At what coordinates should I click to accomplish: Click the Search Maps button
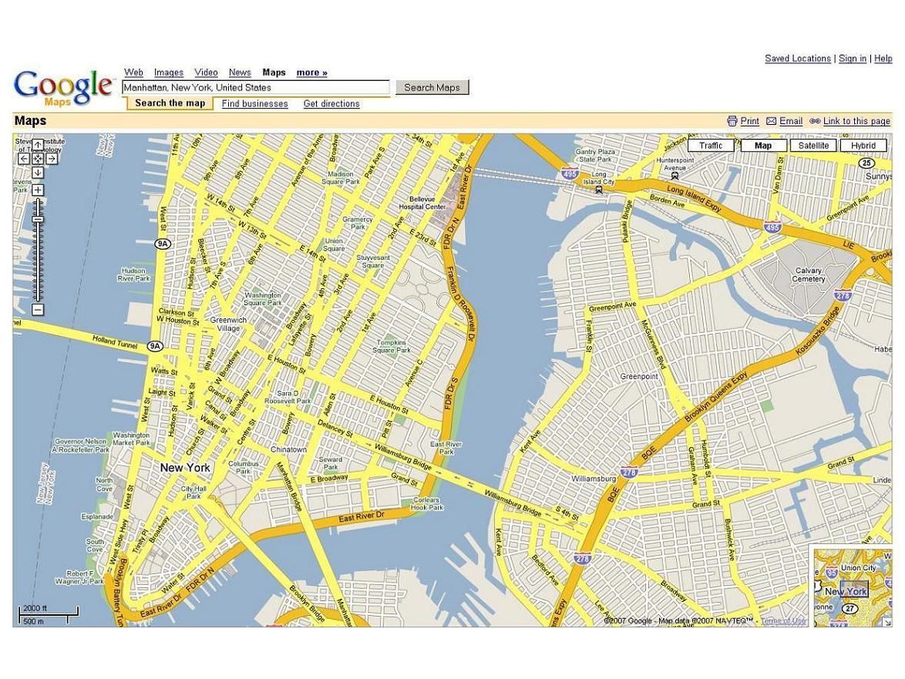pos(432,88)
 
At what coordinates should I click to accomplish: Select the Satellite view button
pos(813,146)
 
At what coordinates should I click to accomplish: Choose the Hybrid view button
pos(863,146)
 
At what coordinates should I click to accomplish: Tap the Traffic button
pos(711,146)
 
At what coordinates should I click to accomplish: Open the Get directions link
pos(331,104)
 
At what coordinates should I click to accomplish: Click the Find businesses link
pos(254,104)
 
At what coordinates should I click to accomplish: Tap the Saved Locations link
pos(797,59)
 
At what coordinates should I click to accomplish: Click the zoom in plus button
pos(38,190)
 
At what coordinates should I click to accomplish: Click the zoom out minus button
pos(38,310)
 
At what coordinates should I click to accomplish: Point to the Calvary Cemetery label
pos(809,275)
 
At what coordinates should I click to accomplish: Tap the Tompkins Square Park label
pos(392,346)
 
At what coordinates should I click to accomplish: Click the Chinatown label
pos(288,449)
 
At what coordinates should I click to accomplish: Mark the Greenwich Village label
pos(228,324)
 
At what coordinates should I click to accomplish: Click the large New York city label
pos(185,468)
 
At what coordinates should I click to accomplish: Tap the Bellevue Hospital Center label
pos(422,203)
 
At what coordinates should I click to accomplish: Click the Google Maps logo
pos(62,88)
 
